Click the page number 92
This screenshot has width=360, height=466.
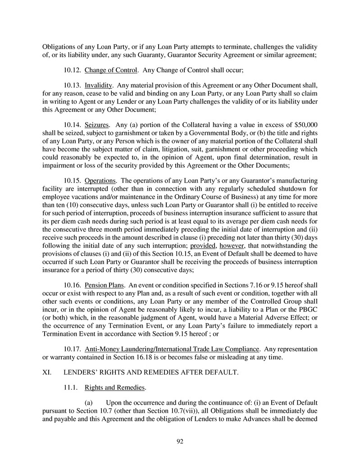[180, 441]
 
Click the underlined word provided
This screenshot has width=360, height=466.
[203, 246]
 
